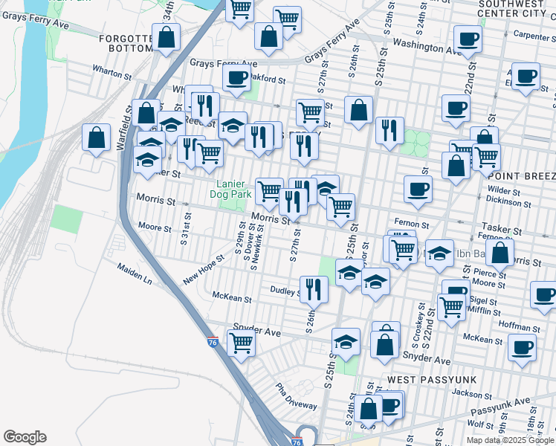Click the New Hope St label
204,274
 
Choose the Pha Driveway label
296,396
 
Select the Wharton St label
111,72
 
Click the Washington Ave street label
427,47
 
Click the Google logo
25,437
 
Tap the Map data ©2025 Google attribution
509,440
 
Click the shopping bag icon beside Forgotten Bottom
167,38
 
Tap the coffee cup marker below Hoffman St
522,346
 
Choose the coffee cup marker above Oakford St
236,77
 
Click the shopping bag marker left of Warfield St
96,137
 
